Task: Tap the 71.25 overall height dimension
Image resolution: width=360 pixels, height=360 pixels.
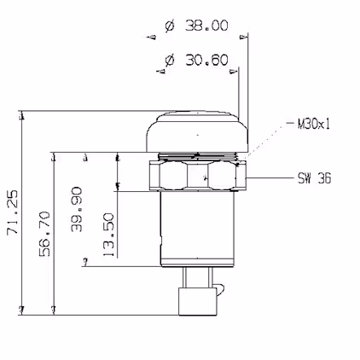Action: click(13, 212)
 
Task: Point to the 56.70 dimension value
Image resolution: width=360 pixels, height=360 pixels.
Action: click(45, 234)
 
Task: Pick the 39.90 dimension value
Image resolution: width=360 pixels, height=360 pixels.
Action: click(77, 209)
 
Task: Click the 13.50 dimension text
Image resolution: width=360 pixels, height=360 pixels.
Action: click(108, 235)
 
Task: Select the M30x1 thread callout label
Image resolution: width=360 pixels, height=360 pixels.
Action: click(314, 124)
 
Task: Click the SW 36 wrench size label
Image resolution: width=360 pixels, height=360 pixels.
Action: click(315, 178)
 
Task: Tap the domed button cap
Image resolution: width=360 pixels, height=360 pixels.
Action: click(197, 131)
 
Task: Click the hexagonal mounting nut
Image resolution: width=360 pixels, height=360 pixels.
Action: click(197, 175)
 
